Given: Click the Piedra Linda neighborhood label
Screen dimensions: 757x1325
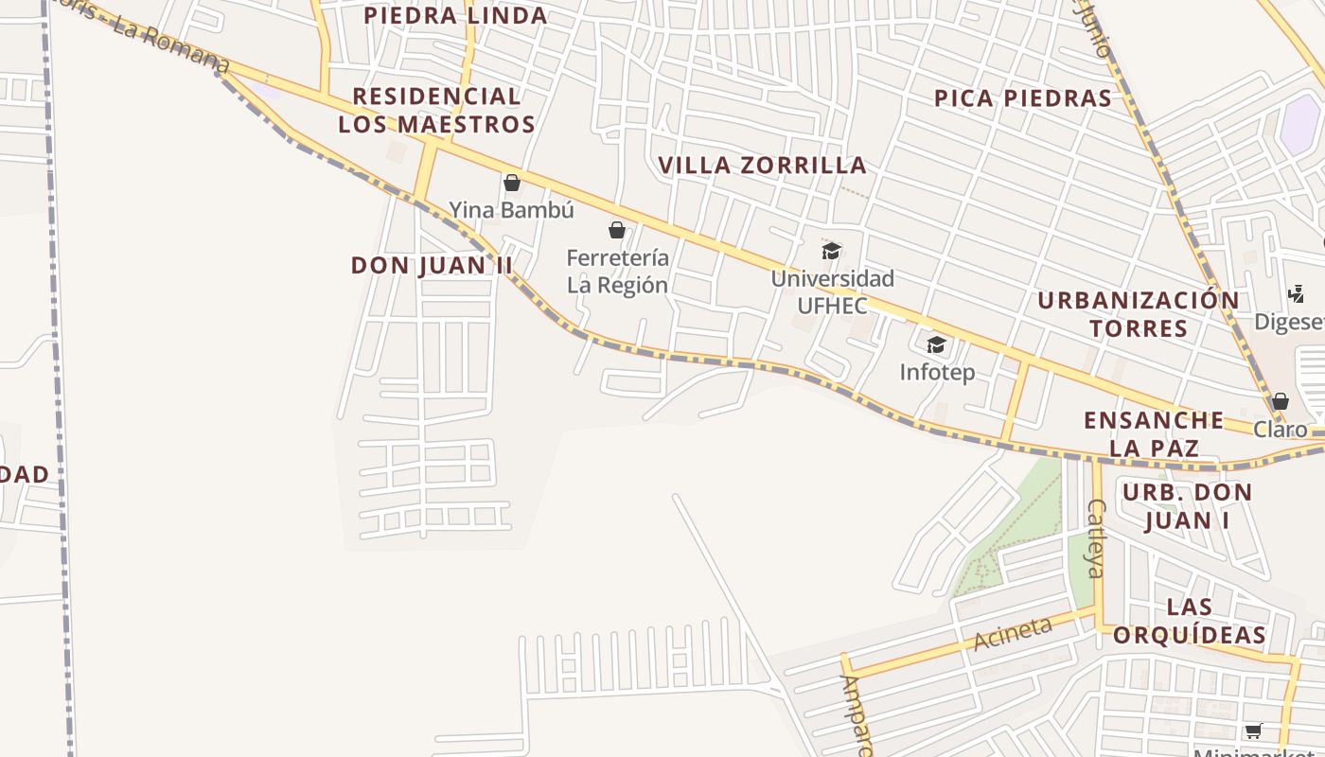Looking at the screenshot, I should tap(455, 15).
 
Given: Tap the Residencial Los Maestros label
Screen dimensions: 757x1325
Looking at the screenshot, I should tap(436, 110).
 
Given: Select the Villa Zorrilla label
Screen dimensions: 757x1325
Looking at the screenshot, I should tap(762, 165).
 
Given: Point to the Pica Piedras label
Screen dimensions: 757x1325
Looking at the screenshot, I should tap(1022, 98).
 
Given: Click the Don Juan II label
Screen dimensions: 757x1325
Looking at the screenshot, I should tap(432, 265).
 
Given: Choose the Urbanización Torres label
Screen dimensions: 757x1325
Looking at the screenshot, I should tap(1139, 314).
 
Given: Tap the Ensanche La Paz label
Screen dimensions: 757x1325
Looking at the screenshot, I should tap(1154, 433).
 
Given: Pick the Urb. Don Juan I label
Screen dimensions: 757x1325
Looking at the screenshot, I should tap(1187, 506).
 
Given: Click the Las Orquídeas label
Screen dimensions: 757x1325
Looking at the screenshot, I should tap(1189, 621).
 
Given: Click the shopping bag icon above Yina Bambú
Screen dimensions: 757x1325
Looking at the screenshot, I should tap(512, 183).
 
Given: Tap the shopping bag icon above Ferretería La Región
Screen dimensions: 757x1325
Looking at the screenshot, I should tap(617, 230).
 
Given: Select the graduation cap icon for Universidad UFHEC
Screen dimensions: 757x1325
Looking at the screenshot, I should tap(831, 251).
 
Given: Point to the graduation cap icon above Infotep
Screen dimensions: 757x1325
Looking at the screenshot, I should tap(936, 344).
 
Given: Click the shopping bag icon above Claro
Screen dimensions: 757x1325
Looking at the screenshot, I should tap(1280, 401).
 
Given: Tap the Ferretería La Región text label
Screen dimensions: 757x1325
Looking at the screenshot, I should tap(617, 272).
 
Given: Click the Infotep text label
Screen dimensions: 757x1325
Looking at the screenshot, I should tap(936, 372).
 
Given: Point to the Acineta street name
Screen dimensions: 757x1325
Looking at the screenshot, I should tap(1013, 633).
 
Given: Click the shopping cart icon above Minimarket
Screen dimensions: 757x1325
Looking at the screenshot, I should tap(1253, 731).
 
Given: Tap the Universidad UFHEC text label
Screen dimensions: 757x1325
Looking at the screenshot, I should tap(832, 292).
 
